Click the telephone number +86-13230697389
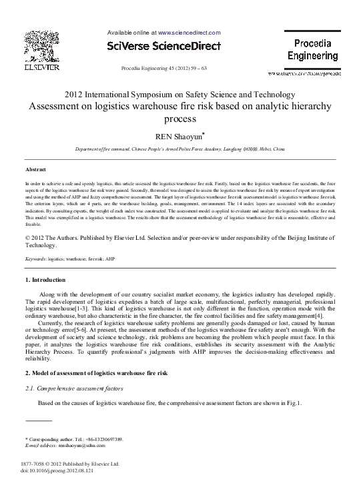point(101,439)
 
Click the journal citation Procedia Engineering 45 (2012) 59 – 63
point(163,69)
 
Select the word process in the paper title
point(181,119)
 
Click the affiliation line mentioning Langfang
point(181,152)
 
